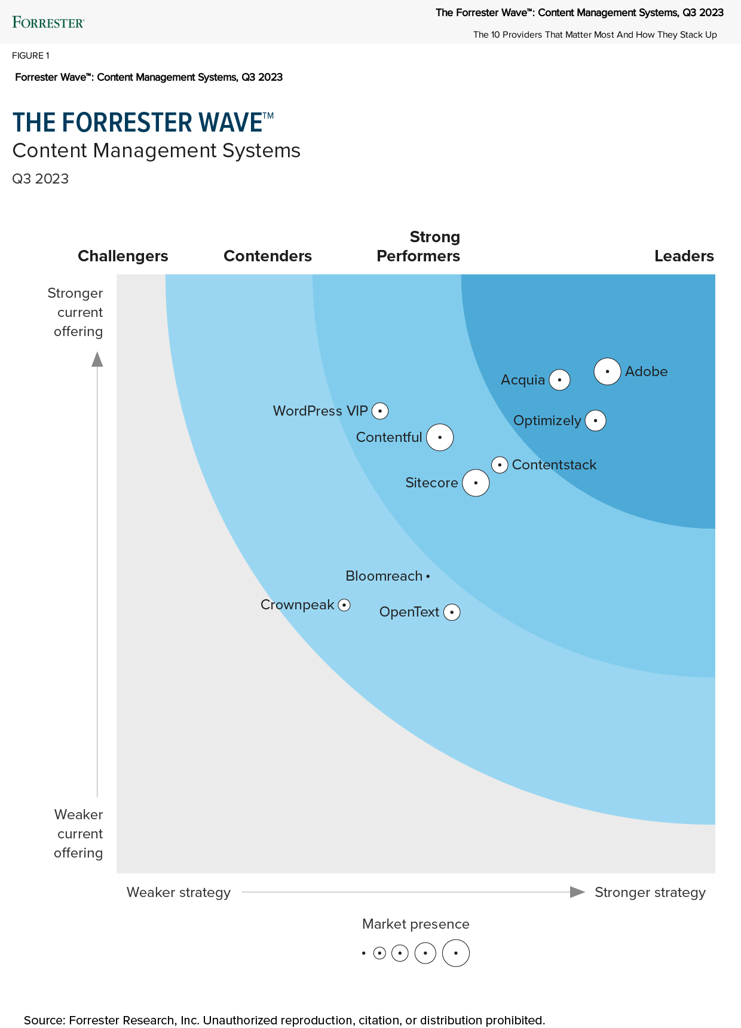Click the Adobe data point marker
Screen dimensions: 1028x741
pos(607,371)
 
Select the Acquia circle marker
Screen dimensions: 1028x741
pos(559,380)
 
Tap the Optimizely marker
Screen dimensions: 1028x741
pos(595,420)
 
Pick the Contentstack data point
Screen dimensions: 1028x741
pos(500,465)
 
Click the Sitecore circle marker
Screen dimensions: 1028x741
pos(476,483)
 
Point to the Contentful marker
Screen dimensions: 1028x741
pos(440,437)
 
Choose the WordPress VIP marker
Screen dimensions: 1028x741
pos(380,411)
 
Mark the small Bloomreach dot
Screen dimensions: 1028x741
pos(428,576)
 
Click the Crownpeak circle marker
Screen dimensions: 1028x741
pos(344,605)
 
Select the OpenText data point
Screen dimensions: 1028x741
pos(452,612)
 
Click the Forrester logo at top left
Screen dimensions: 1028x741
pos(48,23)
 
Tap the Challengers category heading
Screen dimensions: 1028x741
pos(123,256)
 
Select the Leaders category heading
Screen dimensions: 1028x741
pos(684,256)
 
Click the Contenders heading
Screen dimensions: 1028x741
pos(268,256)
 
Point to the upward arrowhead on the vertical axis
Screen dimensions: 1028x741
pos(97,359)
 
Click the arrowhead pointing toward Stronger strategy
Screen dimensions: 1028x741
pos(577,892)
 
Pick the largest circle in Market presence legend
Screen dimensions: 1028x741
pos(456,953)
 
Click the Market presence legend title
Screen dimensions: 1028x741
pos(415,924)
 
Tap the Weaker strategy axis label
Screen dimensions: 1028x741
pos(179,892)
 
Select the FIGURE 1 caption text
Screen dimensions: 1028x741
pos(30,56)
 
